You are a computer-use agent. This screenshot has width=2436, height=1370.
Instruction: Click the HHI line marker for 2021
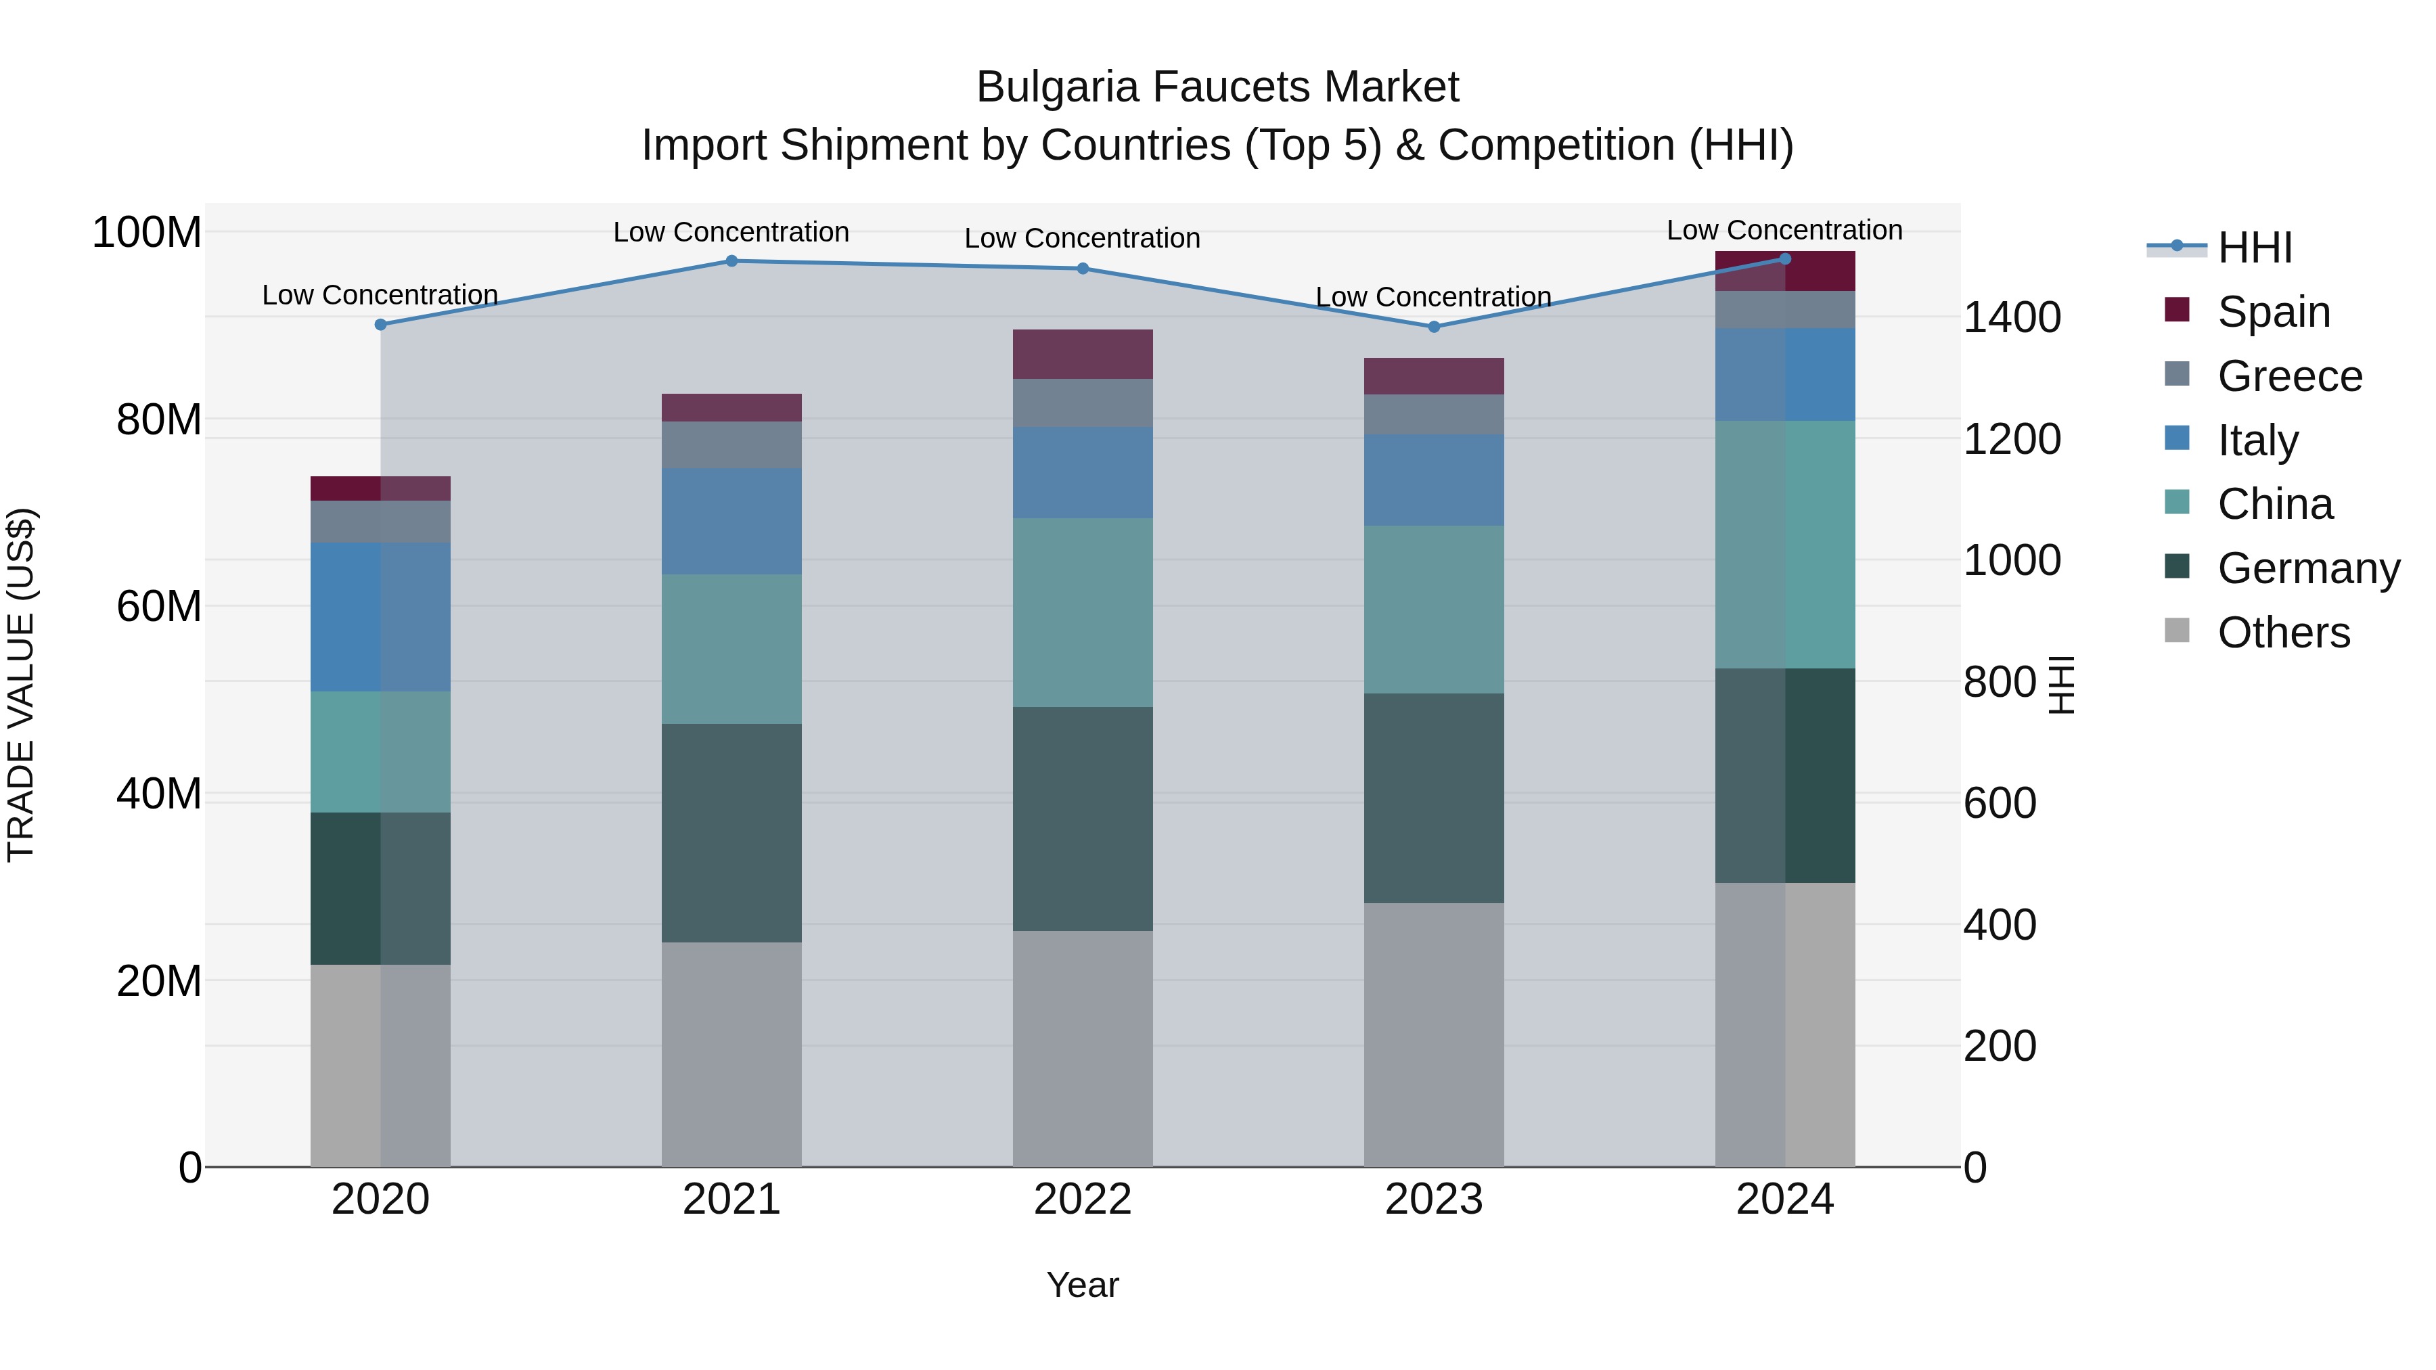[x=731, y=261]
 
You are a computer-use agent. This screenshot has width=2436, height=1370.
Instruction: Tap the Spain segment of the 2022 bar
[x=1083, y=355]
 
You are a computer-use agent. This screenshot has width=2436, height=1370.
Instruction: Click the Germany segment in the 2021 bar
[x=731, y=833]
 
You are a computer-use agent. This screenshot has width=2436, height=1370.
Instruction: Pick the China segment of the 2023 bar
[x=1434, y=610]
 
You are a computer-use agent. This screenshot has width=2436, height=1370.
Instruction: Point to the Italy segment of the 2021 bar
[x=731, y=522]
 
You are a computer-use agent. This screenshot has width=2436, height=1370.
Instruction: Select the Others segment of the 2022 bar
[x=1083, y=1049]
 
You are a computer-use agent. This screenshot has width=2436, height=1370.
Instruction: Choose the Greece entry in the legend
[x=2288, y=376]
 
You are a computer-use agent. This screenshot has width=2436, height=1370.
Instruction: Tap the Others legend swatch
[x=2177, y=631]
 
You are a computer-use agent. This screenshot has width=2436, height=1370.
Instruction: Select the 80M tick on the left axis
[x=159, y=419]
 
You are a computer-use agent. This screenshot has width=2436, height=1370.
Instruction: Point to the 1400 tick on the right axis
[x=2012, y=318]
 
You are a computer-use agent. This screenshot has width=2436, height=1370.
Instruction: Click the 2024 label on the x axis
[x=1784, y=1200]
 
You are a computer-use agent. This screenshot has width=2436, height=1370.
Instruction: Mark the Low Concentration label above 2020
[x=380, y=295]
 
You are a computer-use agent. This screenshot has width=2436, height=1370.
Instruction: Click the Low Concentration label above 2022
[x=1083, y=238]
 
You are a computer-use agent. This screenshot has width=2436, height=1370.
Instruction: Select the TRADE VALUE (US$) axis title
[x=21, y=685]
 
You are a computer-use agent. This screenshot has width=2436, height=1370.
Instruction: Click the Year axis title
[x=1083, y=1285]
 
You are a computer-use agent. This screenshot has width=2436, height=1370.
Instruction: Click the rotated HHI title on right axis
[x=2062, y=685]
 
